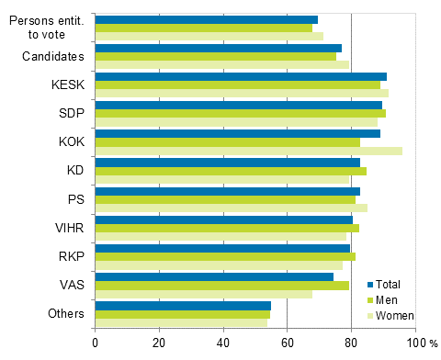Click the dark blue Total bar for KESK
(241, 76)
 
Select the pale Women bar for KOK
(248, 151)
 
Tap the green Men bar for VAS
(221, 286)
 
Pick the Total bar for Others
(183, 305)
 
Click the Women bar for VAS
(203, 294)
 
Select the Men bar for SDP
(240, 114)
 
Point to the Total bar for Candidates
(218, 48)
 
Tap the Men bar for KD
(231, 171)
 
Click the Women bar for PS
(231, 208)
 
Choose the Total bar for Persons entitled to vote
(206, 19)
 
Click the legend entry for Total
(392, 285)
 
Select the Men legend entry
(390, 299)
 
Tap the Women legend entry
(396, 315)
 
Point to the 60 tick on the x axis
(287, 343)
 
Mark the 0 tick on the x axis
(95, 343)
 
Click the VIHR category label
(70, 228)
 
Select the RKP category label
(71, 256)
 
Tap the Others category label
(66, 314)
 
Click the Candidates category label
(53, 57)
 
